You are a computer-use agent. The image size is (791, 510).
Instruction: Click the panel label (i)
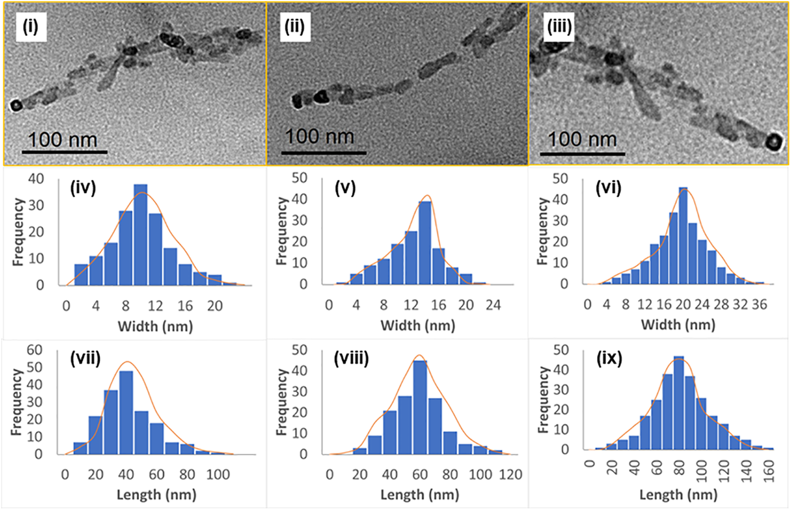[x=30, y=26]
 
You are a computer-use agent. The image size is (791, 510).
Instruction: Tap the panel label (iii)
[x=559, y=26]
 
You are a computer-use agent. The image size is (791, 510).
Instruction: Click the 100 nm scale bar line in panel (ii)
[x=324, y=152]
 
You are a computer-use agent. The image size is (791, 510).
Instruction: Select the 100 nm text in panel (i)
[x=62, y=140]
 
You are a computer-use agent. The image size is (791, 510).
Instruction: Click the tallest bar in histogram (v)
[x=425, y=243]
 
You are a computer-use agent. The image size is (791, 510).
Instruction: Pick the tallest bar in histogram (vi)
[x=683, y=236]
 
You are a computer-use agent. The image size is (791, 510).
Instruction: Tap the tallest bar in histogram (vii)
[x=126, y=412]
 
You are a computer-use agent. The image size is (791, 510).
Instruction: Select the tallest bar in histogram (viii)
[x=420, y=407]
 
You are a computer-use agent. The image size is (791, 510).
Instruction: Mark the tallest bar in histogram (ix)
[x=679, y=403]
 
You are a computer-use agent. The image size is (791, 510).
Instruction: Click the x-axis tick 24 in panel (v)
[x=493, y=305]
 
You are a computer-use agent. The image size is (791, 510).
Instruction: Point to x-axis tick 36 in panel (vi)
[x=759, y=305]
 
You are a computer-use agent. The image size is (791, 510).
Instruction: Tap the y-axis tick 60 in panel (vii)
[x=35, y=350]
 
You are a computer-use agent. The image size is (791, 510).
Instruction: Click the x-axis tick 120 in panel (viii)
[x=511, y=475]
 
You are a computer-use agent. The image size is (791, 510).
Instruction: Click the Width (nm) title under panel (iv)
[x=155, y=326]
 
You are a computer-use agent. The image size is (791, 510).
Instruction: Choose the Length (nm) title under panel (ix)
[x=678, y=495]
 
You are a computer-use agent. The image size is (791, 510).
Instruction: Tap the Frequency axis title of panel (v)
[x=281, y=231]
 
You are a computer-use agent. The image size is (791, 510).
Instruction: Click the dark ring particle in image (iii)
[x=774, y=141]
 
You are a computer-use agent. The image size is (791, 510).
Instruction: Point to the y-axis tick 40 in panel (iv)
[x=36, y=179]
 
